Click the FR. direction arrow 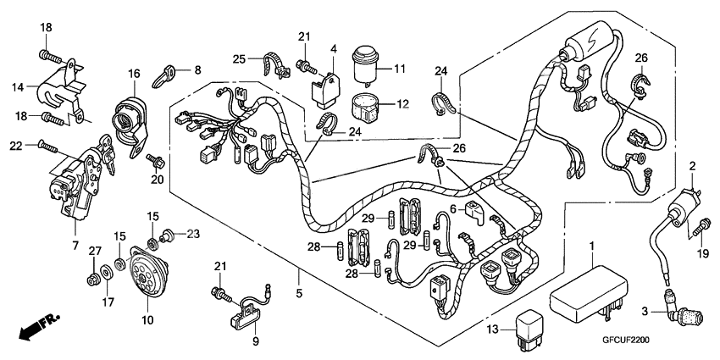pos(40,326)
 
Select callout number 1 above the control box pos(590,246)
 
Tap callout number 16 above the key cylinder pos(134,75)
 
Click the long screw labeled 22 pos(48,147)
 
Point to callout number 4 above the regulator pos(334,49)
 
